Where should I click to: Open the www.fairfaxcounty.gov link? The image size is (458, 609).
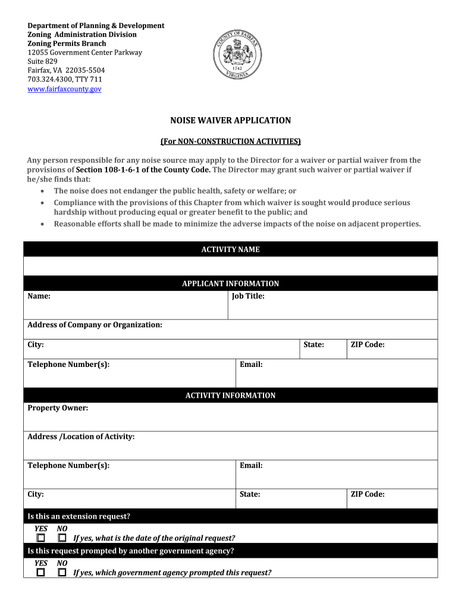point(64,89)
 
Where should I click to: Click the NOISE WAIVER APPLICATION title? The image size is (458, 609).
point(231,121)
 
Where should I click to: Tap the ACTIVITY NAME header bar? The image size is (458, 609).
point(230,249)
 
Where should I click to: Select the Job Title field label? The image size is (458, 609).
point(248,296)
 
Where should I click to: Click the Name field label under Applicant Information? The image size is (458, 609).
point(39,296)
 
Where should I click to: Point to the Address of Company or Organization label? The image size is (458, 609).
point(95,325)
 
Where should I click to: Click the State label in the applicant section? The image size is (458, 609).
point(313,344)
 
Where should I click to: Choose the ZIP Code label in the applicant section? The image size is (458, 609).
point(367,344)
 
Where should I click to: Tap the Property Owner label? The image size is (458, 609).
point(58,408)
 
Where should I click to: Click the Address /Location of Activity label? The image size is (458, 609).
point(81,437)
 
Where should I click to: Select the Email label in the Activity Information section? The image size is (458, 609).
point(251,466)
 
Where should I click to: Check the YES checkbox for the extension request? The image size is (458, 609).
point(40,538)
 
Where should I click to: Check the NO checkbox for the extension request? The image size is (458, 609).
point(62,538)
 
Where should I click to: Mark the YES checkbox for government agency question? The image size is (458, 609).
point(40,572)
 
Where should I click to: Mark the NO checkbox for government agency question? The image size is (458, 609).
point(62,572)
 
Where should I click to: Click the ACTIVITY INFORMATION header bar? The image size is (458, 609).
point(230,395)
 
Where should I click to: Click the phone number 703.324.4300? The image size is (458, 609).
point(49,79)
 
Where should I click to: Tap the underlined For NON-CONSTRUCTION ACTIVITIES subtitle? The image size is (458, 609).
point(231,142)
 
